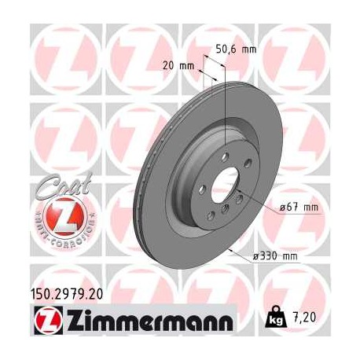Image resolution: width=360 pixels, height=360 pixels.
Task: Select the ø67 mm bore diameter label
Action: click(x=299, y=208)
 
